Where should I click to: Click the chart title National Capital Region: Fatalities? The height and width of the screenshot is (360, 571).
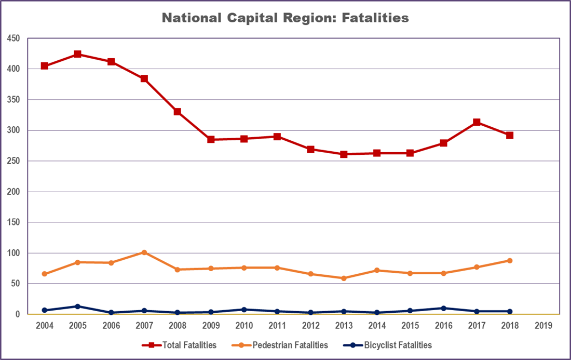pos(285,18)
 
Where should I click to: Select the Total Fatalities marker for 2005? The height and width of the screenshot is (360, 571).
pos(77,54)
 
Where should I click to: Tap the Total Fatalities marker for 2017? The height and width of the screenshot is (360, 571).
pos(477,122)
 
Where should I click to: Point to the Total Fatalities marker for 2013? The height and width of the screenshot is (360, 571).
pos(344,154)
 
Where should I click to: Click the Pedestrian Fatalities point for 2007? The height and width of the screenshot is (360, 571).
pos(144,252)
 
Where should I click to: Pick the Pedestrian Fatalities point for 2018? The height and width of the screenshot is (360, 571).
pos(510,261)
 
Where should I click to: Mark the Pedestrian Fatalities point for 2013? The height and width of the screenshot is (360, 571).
pos(344,278)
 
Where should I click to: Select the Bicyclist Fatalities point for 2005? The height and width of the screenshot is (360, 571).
pos(77,306)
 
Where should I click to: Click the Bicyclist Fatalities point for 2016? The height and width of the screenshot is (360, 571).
pos(443,308)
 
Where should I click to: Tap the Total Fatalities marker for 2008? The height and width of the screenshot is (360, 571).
pos(178,112)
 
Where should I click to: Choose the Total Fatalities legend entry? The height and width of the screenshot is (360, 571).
pos(179,345)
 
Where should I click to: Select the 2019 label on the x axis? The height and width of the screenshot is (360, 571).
pos(543,326)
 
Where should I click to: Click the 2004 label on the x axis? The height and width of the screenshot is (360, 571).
pos(44,326)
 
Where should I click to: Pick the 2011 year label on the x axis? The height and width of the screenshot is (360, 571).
pos(277,326)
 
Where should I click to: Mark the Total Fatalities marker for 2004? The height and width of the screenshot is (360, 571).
pos(44,66)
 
